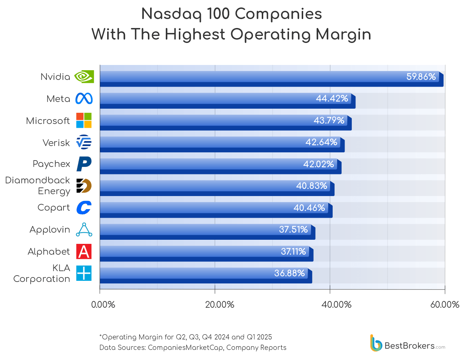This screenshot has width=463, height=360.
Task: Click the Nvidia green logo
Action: click(84, 77)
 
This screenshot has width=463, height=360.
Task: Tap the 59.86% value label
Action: click(421, 77)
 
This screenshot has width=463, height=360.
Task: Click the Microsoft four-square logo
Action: click(84, 121)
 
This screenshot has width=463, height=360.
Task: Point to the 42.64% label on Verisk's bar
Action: click(321, 142)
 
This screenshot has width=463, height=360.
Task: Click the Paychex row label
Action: click(51, 164)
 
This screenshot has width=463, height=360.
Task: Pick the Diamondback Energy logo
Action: click(84, 186)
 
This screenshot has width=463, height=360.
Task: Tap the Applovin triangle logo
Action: click(84, 230)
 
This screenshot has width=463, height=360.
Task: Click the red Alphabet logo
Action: click(84, 251)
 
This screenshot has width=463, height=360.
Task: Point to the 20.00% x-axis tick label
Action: click(220, 305)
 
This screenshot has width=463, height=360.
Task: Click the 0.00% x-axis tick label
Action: click(103, 305)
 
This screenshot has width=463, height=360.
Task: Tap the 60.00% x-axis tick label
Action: click(444, 305)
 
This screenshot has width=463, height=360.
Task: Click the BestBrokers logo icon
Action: click(376, 343)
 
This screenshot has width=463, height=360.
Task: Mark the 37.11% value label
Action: click(293, 251)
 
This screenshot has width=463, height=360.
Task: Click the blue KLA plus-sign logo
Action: click(84, 273)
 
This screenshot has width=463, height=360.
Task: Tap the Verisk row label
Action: click(56, 143)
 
